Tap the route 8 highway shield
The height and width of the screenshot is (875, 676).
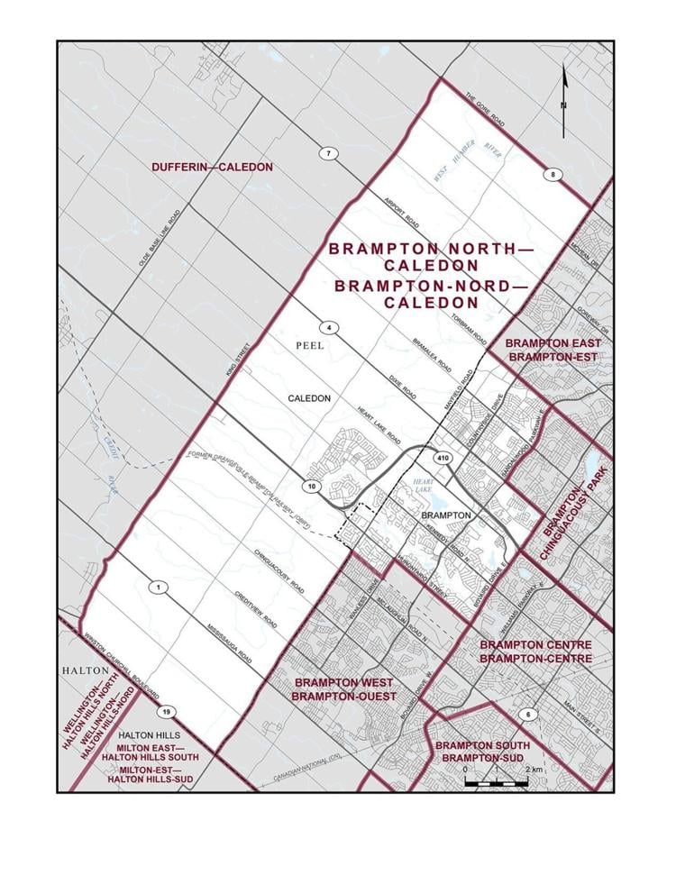(x=553, y=174)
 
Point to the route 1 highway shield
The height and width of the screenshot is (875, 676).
(x=159, y=588)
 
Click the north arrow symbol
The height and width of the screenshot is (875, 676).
(x=564, y=101)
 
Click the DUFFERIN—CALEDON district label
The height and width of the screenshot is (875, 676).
(x=199, y=168)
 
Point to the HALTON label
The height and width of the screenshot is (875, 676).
(x=85, y=671)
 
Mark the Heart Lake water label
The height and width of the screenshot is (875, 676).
(x=425, y=486)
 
